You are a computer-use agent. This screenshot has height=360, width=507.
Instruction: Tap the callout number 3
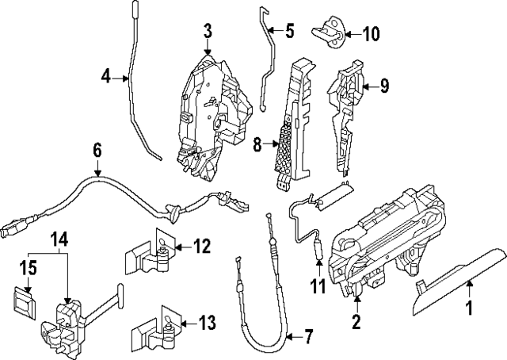point(208,32)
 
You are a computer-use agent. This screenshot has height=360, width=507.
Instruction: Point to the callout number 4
point(105,77)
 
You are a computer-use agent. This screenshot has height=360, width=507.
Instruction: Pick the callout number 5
point(289,32)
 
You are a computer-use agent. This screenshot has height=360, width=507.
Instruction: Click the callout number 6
point(97,149)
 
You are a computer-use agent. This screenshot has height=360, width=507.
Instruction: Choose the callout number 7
point(309,338)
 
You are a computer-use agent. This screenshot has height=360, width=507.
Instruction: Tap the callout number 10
point(371,33)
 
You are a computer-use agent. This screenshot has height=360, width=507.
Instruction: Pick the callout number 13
point(206,323)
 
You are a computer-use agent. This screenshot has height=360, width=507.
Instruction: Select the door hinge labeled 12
point(151,251)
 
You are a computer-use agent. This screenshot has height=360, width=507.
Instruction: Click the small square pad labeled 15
point(28,301)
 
